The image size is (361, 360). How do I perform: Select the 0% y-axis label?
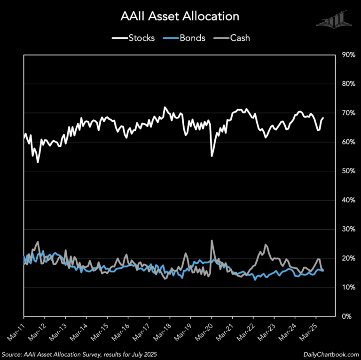coord(346,317)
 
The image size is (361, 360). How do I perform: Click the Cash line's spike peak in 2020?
coord(212,240)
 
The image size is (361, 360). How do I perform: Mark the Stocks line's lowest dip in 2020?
coord(212,156)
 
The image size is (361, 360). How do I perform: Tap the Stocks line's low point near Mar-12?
coord(37,162)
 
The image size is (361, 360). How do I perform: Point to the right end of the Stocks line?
coord(323,118)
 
